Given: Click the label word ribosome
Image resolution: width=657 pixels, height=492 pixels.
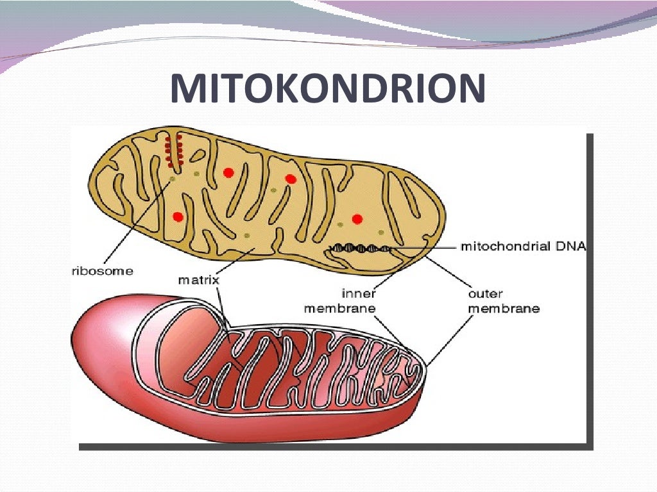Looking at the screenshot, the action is [x=102, y=271].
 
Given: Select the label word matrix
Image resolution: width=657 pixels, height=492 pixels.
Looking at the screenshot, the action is [x=199, y=280].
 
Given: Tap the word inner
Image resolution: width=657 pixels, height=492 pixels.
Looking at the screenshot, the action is [x=359, y=294].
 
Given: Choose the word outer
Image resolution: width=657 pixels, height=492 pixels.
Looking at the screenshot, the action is [x=486, y=294].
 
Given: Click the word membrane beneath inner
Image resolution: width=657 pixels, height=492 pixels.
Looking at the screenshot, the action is [x=339, y=308].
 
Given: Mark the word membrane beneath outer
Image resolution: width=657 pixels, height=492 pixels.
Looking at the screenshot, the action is [x=504, y=308].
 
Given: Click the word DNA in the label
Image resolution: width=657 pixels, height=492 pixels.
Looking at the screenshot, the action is [x=573, y=246].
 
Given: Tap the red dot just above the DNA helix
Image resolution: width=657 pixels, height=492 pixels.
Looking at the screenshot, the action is [x=357, y=218].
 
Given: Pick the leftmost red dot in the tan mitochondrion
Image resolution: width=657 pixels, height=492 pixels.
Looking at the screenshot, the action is [x=178, y=217].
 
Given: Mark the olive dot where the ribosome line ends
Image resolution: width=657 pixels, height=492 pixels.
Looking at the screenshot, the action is [x=172, y=180].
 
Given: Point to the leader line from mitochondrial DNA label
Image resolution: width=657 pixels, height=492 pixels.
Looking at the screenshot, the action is [x=423, y=247].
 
